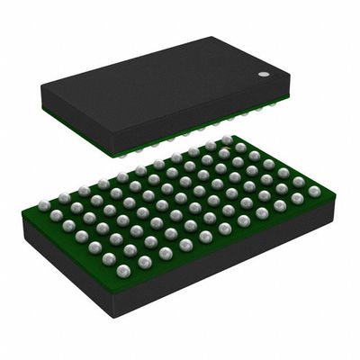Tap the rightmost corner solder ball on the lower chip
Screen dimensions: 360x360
pos(314,191)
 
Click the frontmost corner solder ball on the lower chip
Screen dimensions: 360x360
pos(123,270)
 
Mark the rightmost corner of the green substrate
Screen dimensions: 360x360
pos(334,193)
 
